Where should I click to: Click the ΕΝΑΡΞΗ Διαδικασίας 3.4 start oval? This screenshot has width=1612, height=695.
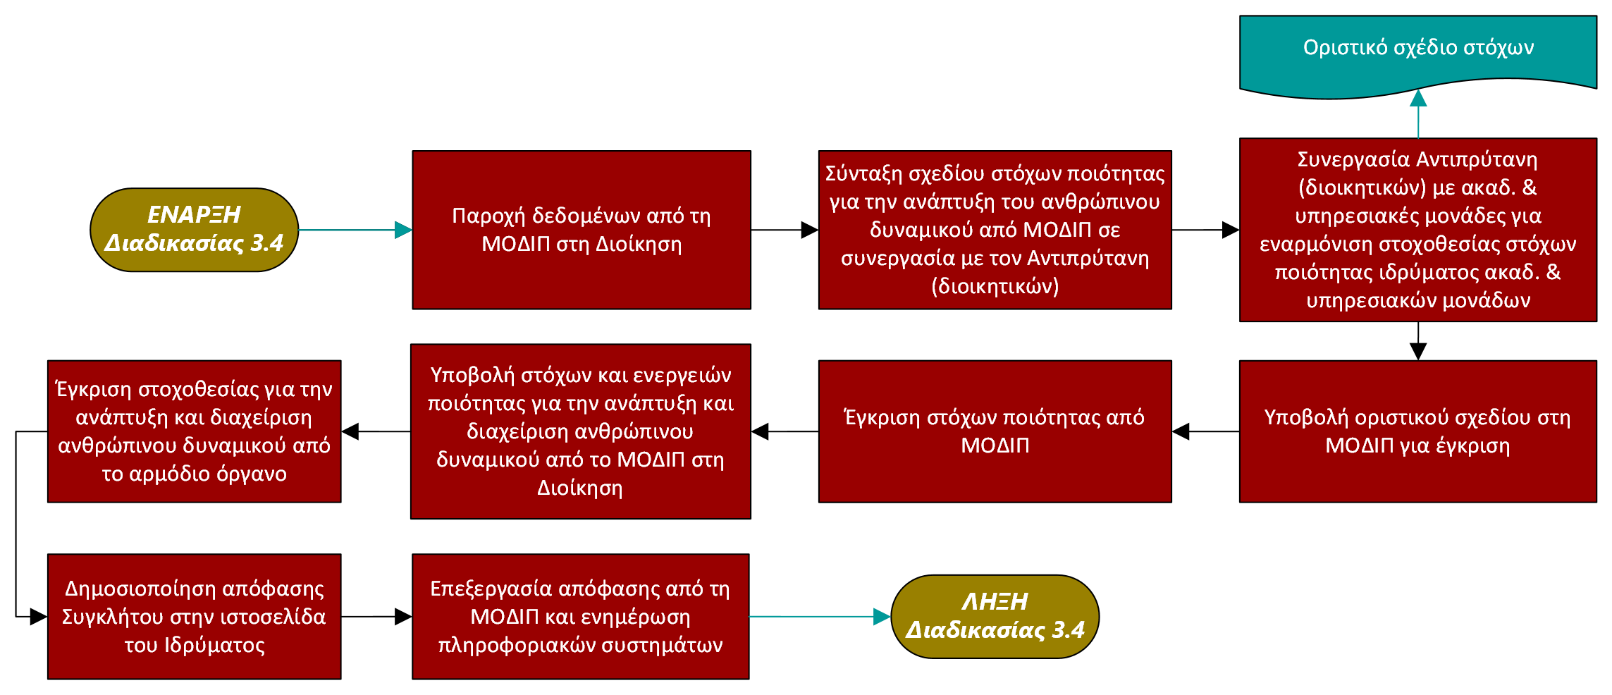194,230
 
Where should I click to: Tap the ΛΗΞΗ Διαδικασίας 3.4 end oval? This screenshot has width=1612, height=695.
995,616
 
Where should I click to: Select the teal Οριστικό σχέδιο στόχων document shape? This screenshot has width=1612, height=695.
1417,53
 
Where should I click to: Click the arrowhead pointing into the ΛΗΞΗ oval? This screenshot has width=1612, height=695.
882,617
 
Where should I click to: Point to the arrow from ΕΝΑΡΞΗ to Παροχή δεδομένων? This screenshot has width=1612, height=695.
352,230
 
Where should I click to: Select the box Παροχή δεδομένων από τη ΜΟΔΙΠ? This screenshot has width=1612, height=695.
582,230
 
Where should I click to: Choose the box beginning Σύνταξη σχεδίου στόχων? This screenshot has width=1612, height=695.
995,230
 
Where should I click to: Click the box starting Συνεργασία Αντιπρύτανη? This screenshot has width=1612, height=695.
1417,230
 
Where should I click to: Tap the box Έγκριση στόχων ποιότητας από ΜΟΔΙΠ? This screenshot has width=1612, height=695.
995,431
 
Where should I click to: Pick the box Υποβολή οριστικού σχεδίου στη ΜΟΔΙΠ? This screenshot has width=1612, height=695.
1417,431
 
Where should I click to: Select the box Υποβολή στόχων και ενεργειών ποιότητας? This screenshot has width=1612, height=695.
580,431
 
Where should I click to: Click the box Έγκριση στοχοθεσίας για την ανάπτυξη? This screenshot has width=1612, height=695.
194,431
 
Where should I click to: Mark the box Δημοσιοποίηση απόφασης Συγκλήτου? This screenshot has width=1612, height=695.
194,617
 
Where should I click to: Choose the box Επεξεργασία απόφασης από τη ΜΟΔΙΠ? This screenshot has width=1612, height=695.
580,617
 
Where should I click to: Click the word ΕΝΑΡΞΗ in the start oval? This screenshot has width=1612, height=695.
194,215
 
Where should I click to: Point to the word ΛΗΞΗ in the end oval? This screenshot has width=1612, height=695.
995,602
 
